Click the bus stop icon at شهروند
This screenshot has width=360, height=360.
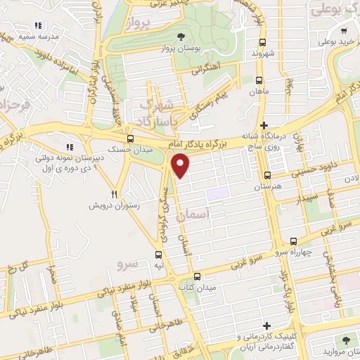[x=261, y=41]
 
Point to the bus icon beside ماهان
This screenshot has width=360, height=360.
[x=260, y=80]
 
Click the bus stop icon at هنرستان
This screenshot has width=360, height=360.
[x=267, y=175]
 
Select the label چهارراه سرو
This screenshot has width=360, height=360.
[x=270, y=251]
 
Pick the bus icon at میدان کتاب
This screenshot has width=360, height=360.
[x=197, y=276]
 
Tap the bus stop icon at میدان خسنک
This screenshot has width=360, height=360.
[x=130, y=138]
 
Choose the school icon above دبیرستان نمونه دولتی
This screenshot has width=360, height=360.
[x=69, y=147]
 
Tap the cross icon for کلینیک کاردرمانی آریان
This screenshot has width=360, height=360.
[x=266, y=326]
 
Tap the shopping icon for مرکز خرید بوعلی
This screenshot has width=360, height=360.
[x=344, y=31]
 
